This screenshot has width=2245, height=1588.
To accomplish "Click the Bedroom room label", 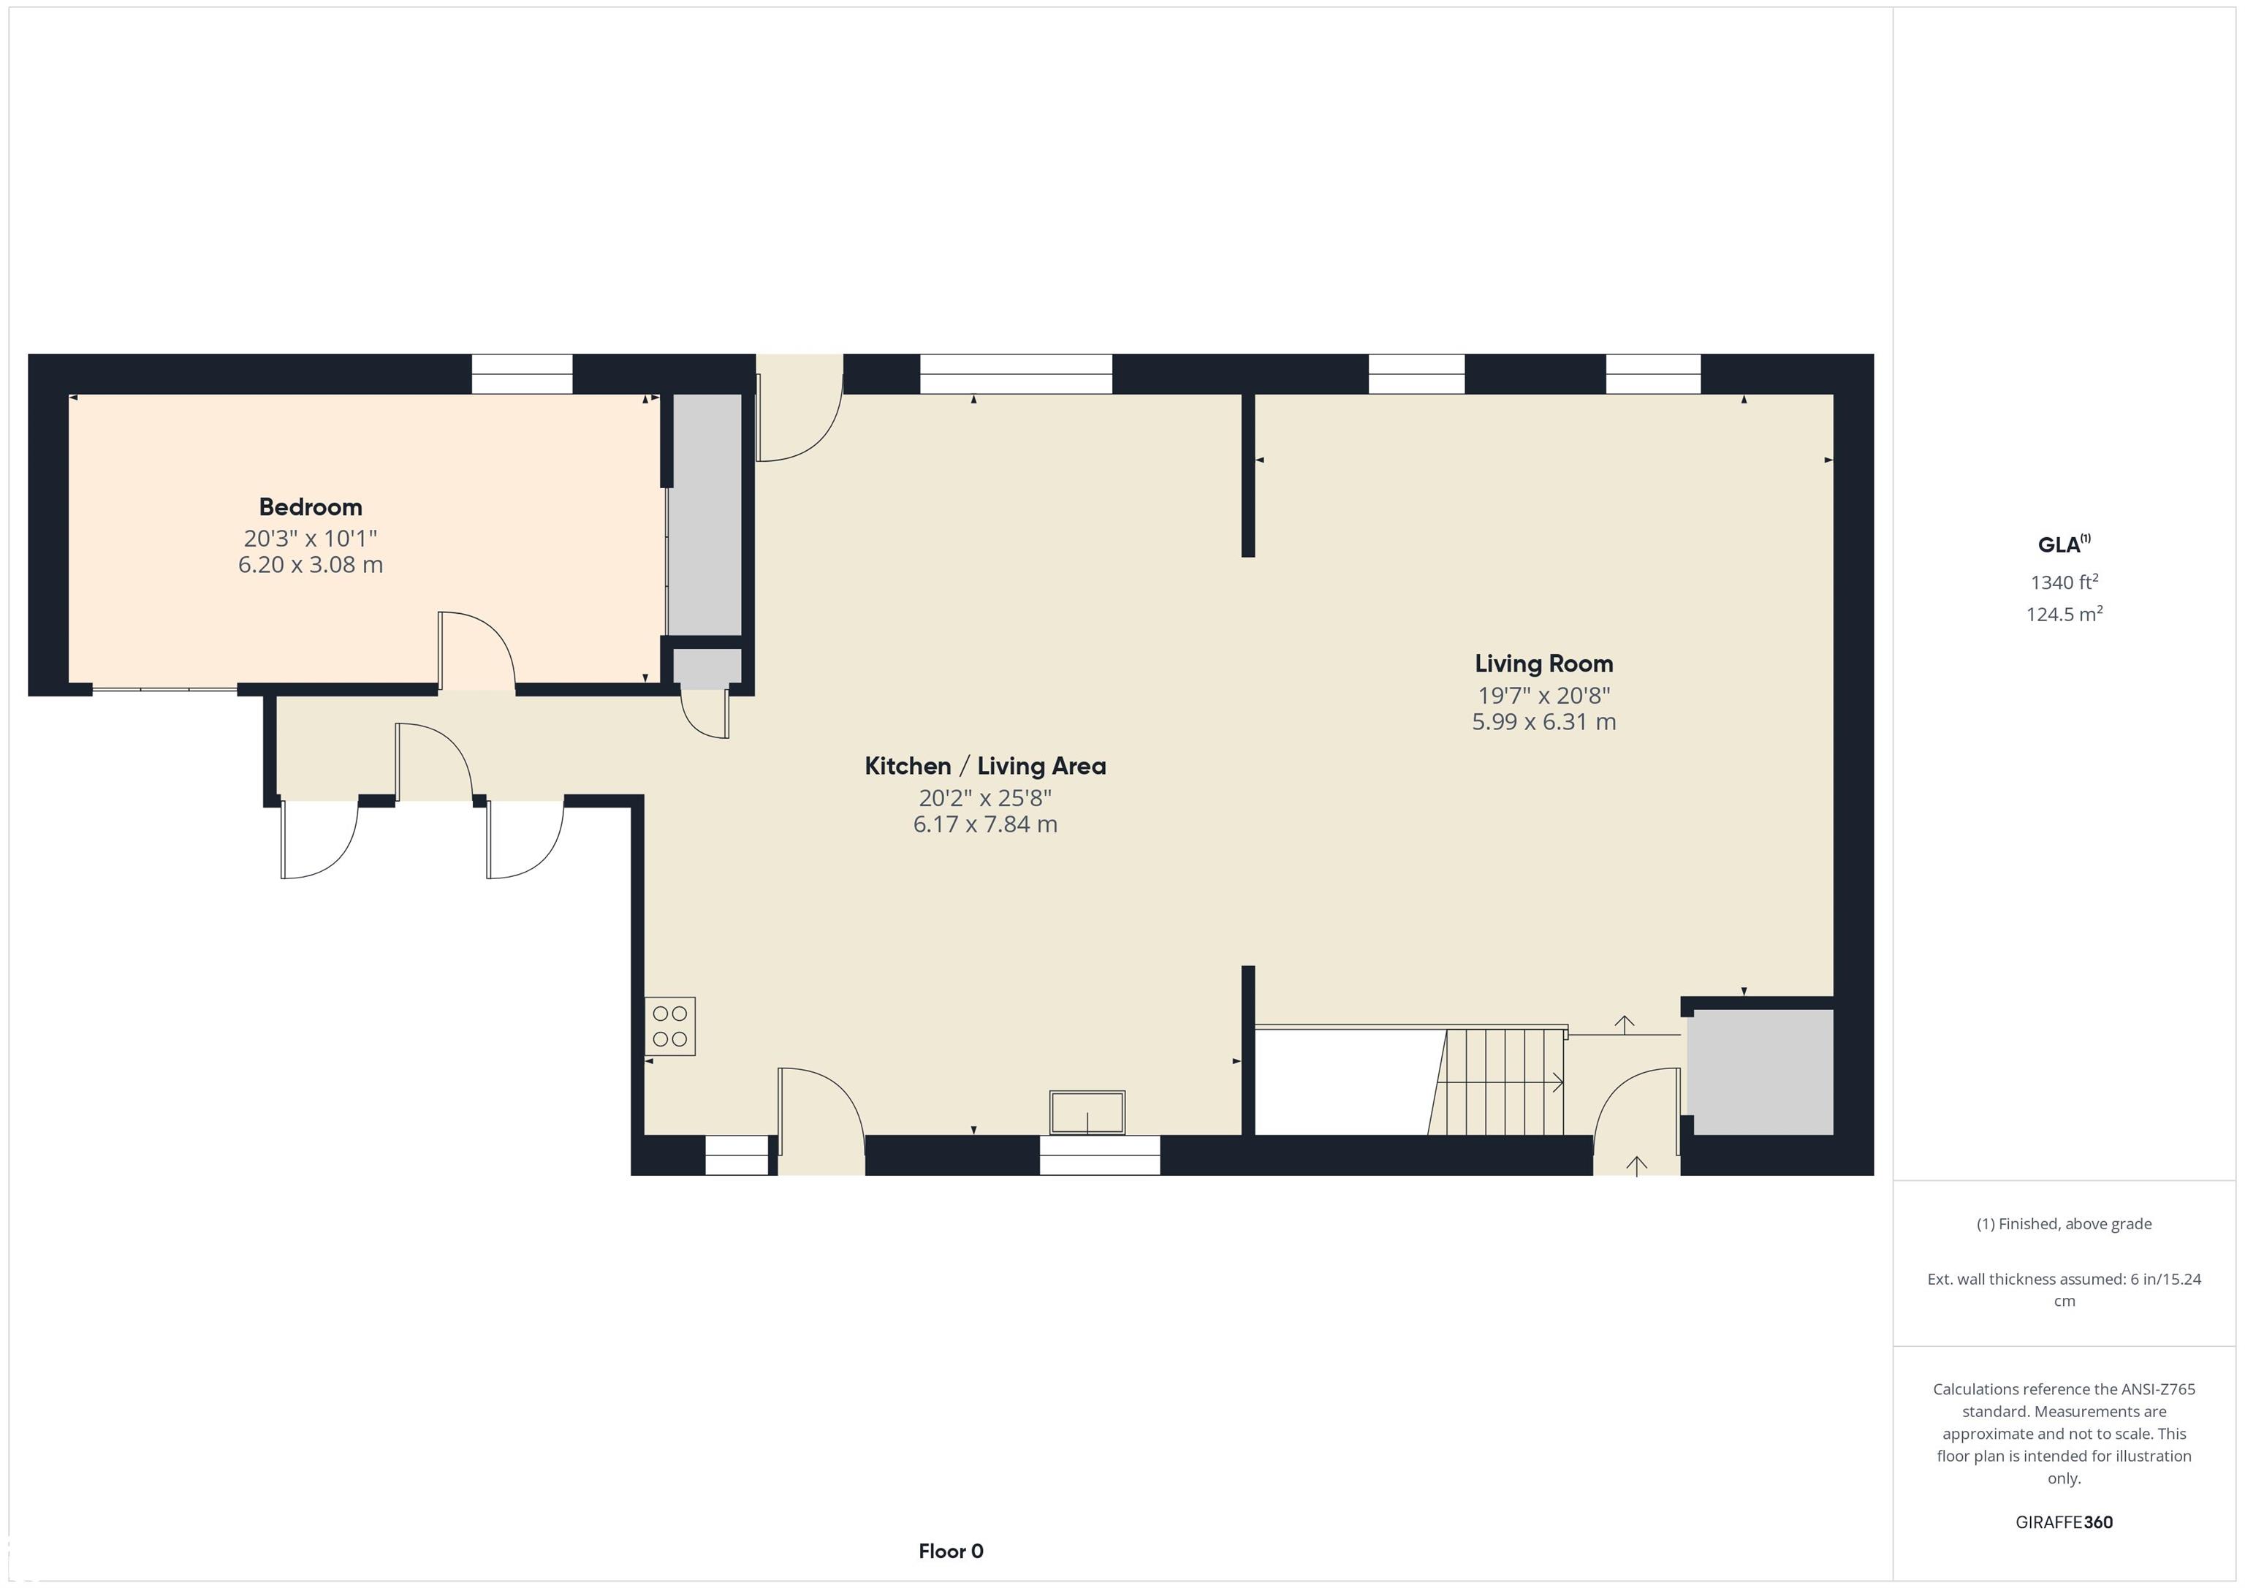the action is [310, 506].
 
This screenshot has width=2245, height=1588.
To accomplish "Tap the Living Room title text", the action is [1544, 664].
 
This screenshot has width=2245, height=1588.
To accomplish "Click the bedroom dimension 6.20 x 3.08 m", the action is [310, 564].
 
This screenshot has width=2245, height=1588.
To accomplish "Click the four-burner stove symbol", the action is [670, 1026].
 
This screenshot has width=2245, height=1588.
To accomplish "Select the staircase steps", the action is [1496, 1082].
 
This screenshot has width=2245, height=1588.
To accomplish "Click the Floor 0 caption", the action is [951, 1550].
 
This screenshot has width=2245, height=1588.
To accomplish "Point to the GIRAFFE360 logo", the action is [2064, 1521].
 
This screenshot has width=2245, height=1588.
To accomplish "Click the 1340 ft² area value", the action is [2064, 582].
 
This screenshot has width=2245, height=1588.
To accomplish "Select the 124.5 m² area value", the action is [2064, 614].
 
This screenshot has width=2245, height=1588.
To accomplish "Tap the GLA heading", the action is [2063, 544].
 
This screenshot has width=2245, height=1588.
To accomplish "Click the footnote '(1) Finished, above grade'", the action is [2064, 1223].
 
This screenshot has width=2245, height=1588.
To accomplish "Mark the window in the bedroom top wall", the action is [522, 373].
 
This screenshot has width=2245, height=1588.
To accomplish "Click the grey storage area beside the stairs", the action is [1762, 1072].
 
